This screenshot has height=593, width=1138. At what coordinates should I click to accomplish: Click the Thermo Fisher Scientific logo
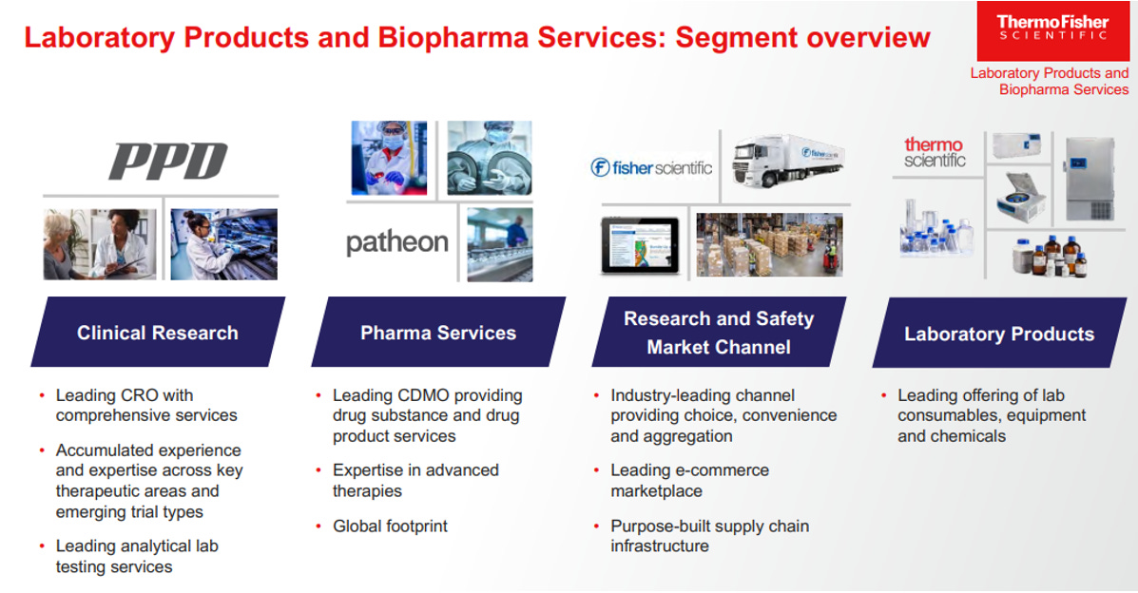(1052, 30)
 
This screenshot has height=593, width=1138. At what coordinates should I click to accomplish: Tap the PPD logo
(168, 162)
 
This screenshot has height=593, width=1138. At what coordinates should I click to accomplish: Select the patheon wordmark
(397, 242)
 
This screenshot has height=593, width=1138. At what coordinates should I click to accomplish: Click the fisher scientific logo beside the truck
(651, 167)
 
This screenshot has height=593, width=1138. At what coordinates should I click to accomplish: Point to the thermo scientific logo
(935, 152)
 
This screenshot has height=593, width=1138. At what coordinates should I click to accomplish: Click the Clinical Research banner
(158, 333)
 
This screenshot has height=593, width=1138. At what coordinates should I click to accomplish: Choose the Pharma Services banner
(438, 333)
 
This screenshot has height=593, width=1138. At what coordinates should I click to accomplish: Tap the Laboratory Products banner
(999, 334)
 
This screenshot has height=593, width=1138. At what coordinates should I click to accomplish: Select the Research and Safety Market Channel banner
(719, 333)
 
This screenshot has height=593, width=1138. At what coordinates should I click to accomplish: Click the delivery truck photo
(787, 163)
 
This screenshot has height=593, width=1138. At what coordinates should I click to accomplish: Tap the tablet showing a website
(640, 246)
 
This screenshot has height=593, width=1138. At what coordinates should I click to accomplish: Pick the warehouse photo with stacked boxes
(769, 244)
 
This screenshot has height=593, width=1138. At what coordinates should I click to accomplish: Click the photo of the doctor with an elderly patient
(100, 244)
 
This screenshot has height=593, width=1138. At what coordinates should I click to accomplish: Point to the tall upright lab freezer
(1090, 180)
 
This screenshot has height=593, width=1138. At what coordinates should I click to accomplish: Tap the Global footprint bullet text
(391, 526)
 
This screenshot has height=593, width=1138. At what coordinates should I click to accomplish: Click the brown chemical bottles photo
(1050, 257)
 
